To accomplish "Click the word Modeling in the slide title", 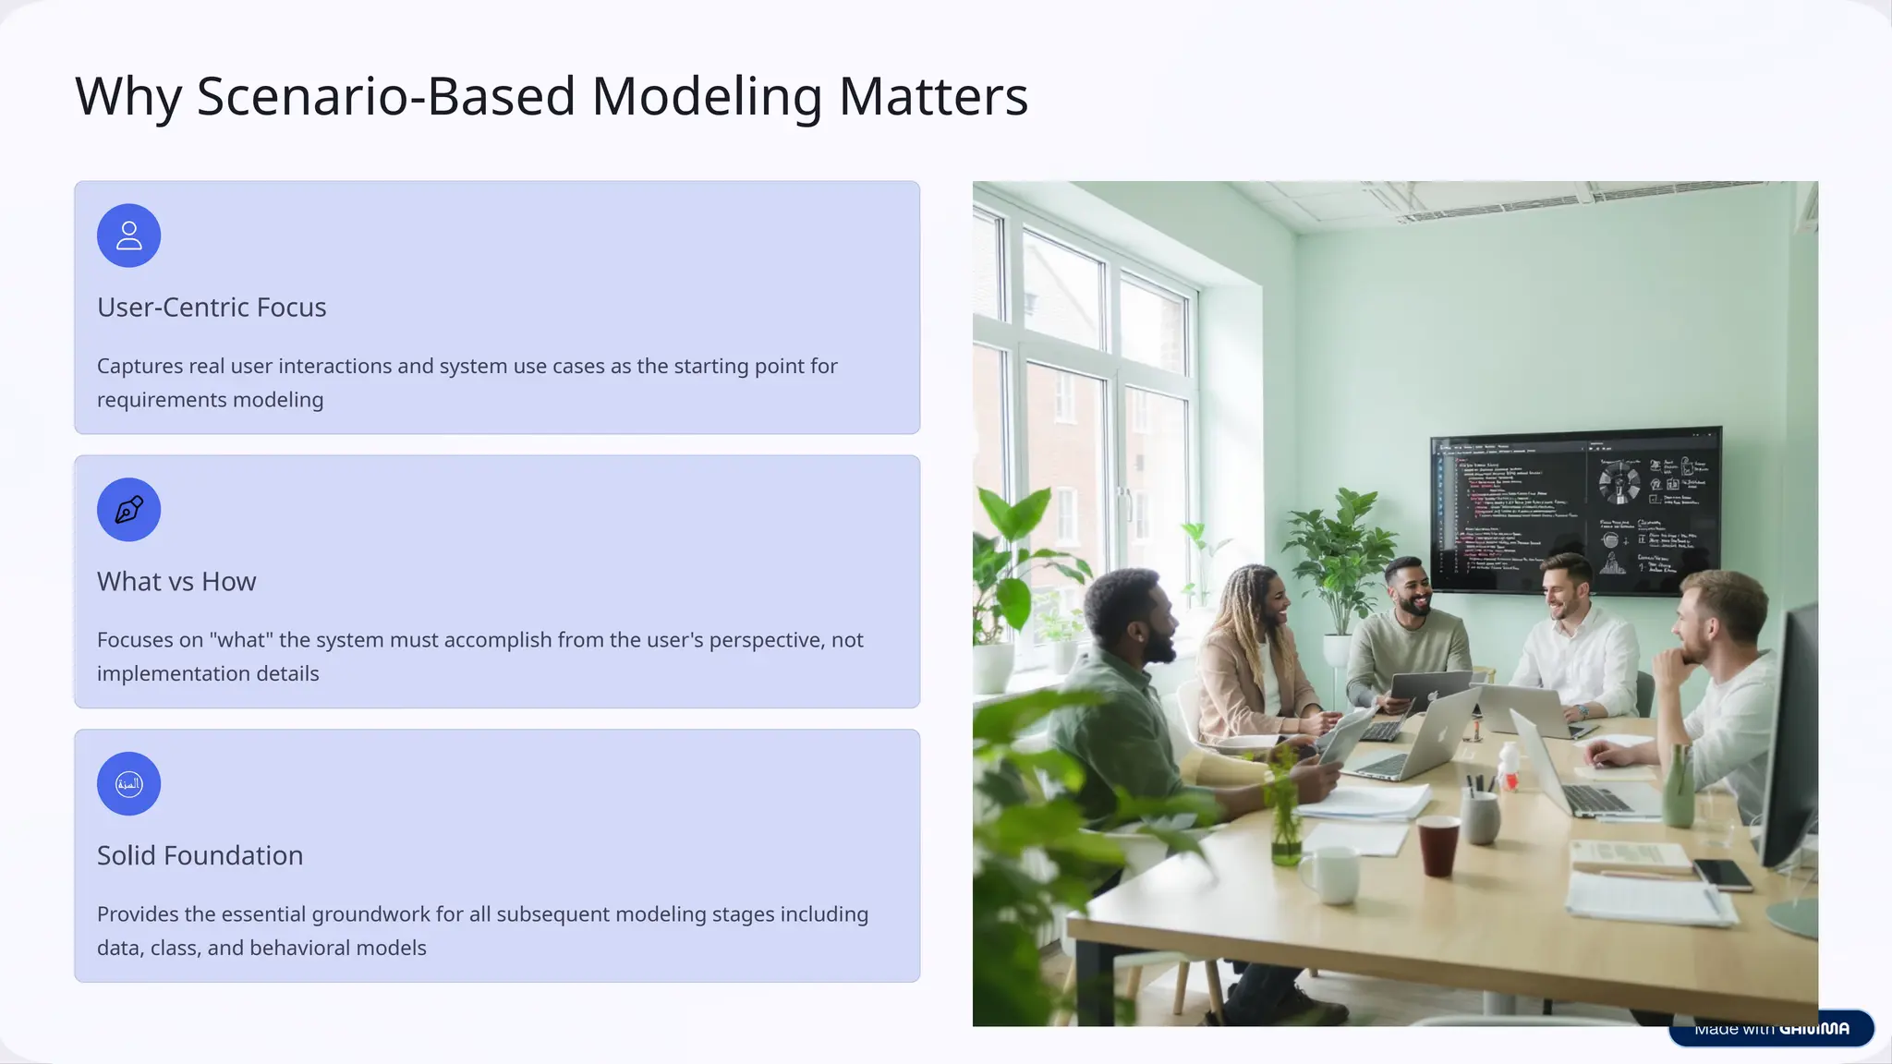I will point(706,97).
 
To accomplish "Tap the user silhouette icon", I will point(129,236).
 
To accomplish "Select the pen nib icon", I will point(129,510).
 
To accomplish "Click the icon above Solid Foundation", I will point(129,784).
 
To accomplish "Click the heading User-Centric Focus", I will point(212,308).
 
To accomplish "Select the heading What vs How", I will point(176,582).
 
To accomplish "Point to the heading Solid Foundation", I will point(200,856).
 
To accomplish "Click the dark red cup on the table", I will point(1437,845).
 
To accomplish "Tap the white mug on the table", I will point(1330,874).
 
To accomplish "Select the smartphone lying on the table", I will point(1722,874).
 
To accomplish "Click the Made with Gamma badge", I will point(1771,1029).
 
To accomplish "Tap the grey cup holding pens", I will point(1480,816).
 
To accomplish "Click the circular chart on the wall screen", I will point(1619,483).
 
